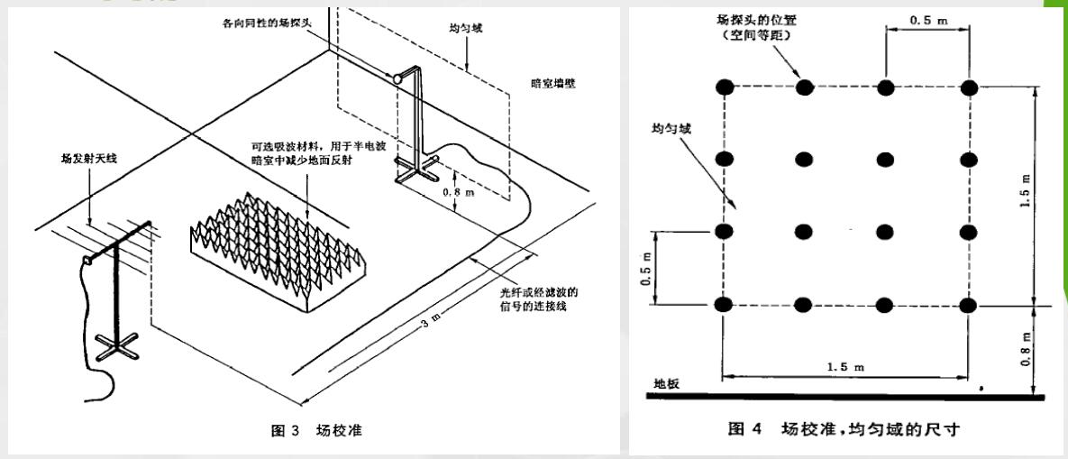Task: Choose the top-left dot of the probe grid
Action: pos(724,87)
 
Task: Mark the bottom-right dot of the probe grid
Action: pos(969,305)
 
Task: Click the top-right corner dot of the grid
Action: pos(969,87)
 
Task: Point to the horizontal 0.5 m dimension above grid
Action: pos(928,19)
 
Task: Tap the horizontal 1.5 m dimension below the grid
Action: pos(846,367)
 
